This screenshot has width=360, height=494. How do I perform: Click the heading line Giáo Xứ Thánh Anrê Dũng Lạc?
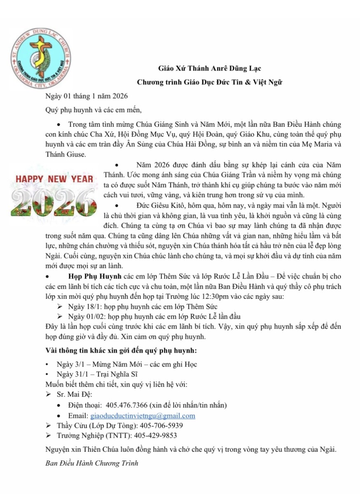[210, 68]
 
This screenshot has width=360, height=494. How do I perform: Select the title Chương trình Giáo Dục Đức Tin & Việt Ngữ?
[210, 82]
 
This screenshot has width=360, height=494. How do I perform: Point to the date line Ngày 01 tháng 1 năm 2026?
[86, 96]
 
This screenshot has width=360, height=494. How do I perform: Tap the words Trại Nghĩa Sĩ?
[118, 374]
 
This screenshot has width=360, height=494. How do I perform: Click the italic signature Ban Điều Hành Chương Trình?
[92, 463]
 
